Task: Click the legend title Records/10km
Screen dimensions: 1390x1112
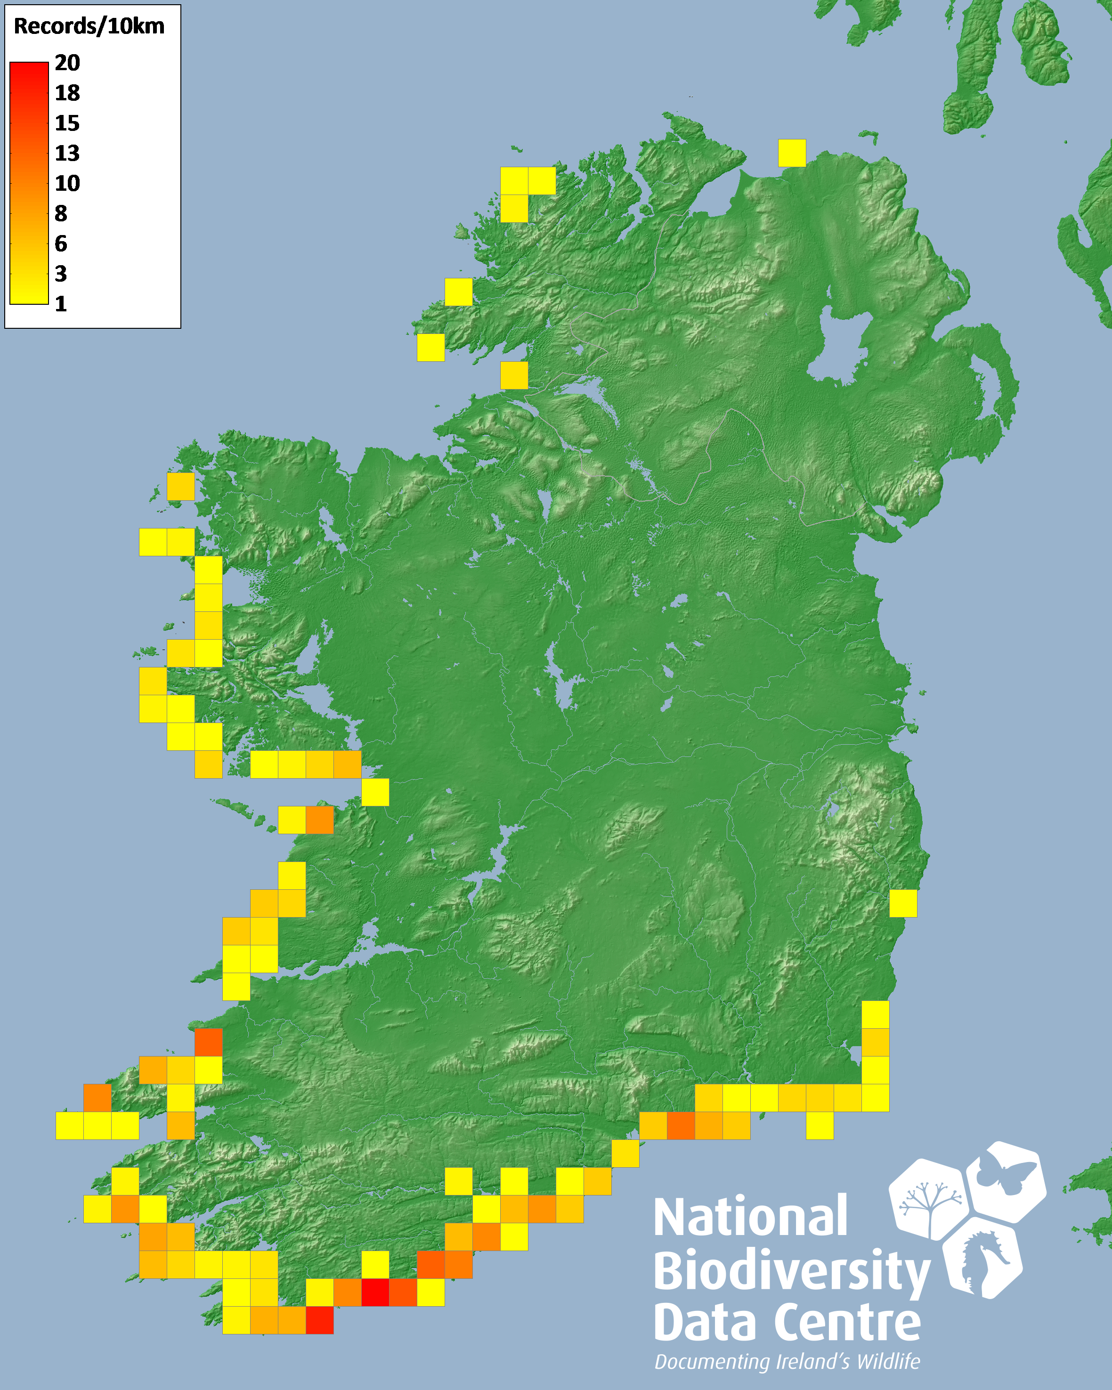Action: [x=89, y=26]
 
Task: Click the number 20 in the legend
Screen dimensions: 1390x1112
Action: [x=67, y=63]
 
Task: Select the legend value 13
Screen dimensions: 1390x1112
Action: [x=67, y=153]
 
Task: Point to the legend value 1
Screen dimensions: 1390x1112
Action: [x=61, y=304]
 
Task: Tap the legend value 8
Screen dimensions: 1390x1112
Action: [x=61, y=213]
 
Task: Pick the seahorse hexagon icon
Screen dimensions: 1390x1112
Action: [x=982, y=1257]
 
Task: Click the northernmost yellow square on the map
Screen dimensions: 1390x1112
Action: [x=792, y=153]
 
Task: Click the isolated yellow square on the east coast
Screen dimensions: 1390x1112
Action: [x=902, y=902]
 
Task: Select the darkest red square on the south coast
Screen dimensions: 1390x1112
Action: [x=375, y=1292]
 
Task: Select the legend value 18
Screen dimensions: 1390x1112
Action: [x=67, y=93]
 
